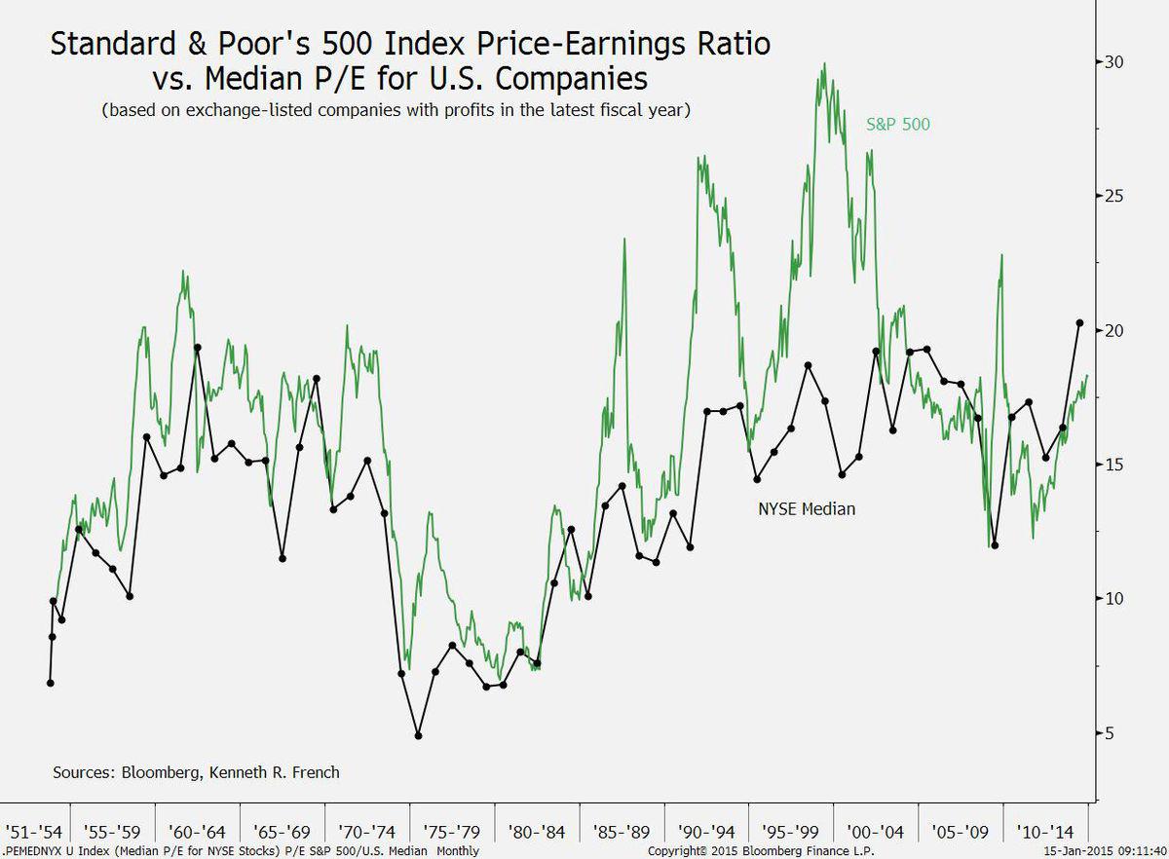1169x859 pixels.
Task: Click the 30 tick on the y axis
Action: coord(1112,61)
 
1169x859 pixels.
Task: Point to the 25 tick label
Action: coord(1112,196)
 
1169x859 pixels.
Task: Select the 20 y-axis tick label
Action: coord(1112,330)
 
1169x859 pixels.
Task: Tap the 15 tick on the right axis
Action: coord(1112,465)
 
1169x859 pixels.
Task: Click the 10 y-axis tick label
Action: coord(1112,599)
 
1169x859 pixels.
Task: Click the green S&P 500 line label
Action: coord(898,125)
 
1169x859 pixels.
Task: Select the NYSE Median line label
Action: coord(807,507)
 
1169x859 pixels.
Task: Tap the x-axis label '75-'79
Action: coord(452,833)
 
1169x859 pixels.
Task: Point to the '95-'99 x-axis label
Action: coord(791,833)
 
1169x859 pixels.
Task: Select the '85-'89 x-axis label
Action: coord(622,833)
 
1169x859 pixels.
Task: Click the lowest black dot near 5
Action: coord(418,735)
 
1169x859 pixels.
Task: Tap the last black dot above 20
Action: coord(1079,322)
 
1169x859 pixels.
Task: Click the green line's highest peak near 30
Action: coord(824,65)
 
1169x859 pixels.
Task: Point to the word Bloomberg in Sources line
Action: coord(159,772)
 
